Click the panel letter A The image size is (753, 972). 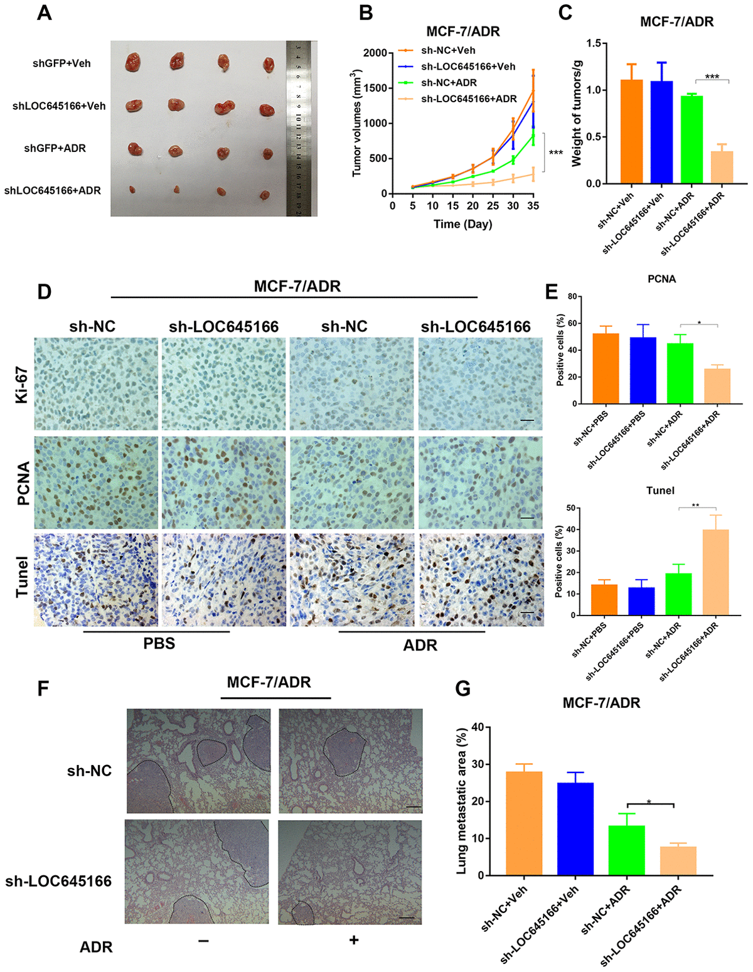[x=44, y=13]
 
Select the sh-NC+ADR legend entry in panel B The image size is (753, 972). [x=449, y=83]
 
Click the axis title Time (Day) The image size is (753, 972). [x=462, y=224]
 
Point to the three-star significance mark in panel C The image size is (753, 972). [x=712, y=77]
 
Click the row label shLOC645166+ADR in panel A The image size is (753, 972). [x=53, y=191]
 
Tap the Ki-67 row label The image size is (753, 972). [x=23, y=384]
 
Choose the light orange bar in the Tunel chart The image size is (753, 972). [x=715, y=572]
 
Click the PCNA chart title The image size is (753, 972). [x=661, y=279]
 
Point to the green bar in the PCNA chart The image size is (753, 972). [x=680, y=373]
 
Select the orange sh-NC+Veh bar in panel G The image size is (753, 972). [x=524, y=823]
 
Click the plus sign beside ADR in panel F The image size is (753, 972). [x=354, y=939]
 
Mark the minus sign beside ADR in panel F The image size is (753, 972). [x=203, y=940]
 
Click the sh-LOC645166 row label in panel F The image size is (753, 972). [x=58, y=881]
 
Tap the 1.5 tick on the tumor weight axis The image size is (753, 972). [x=593, y=43]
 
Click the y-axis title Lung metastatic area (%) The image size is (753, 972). [x=462, y=801]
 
